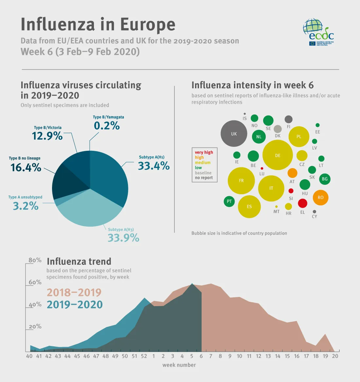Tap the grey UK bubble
point(234,133)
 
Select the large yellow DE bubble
point(278,155)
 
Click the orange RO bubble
point(320,197)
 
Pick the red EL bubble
point(302,203)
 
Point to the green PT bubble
point(229,201)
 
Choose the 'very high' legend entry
point(204,152)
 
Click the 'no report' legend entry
point(204,178)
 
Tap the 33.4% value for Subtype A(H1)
point(153,166)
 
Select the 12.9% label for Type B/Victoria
point(47,136)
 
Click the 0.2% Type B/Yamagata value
point(107,126)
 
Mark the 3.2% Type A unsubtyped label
point(26,206)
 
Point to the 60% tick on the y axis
point(35,282)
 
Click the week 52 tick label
point(144,356)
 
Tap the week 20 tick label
point(335,356)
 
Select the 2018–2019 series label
point(74,292)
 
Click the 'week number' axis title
point(179,365)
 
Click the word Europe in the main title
point(148,25)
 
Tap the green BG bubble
point(325,179)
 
